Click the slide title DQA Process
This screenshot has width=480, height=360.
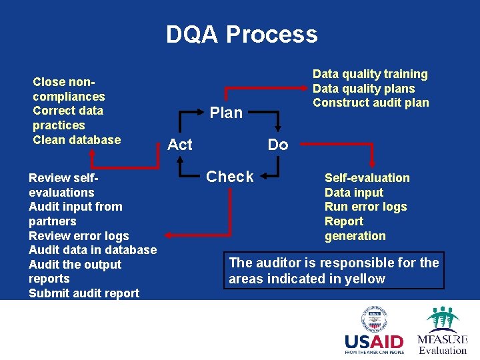[241, 34]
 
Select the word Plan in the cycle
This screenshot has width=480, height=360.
[226, 113]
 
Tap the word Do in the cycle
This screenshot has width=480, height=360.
[278, 145]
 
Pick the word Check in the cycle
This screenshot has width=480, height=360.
[230, 177]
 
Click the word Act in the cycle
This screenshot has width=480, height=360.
[180, 145]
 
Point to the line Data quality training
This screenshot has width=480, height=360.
[370, 74]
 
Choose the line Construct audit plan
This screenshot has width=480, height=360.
[371, 103]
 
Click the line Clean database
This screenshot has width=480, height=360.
[77, 140]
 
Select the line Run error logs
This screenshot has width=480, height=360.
[365, 207]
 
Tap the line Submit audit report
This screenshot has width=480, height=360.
[84, 293]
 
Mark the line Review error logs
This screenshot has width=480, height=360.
[79, 236]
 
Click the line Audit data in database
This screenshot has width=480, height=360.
[93, 250]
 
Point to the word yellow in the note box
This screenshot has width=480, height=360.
[365, 279]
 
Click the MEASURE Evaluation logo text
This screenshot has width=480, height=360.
[443, 344]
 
